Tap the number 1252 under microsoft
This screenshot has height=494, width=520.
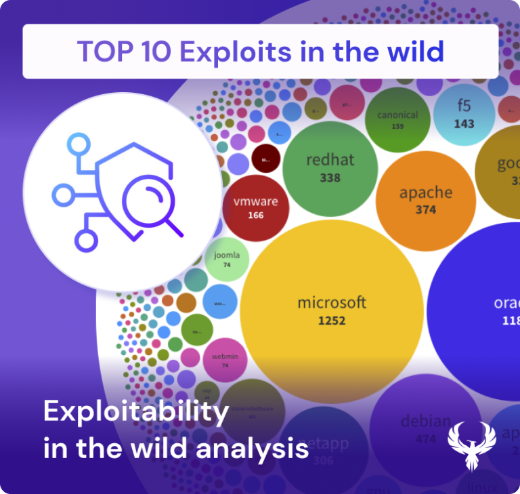[x=332, y=320]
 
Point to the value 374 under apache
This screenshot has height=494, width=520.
[x=426, y=210]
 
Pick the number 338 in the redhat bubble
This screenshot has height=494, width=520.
[x=330, y=178]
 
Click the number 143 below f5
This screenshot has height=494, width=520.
[x=464, y=124]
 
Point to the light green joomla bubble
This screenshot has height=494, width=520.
[x=227, y=259]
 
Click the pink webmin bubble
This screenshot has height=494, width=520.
[x=225, y=359]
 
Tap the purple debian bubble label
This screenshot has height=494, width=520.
[x=425, y=421]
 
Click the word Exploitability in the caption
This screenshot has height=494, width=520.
[x=136, y=411]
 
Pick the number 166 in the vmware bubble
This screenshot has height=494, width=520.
[x=255, y=215]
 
